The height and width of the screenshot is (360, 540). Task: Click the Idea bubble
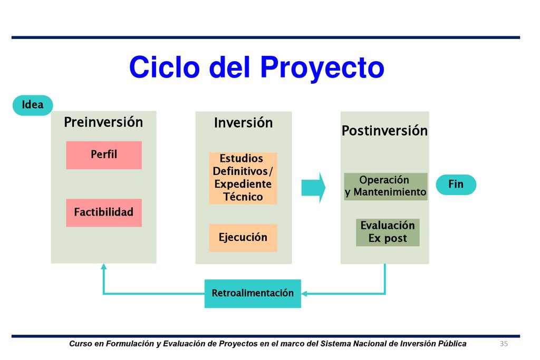(33, 105)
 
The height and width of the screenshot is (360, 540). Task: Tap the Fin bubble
(456, 185)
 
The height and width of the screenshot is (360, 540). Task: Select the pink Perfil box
(104, 155)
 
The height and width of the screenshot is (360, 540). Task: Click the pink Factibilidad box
(104, 212)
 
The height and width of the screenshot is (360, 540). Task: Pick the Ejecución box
(243, 238)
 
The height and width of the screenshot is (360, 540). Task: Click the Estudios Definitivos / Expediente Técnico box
(243, 178)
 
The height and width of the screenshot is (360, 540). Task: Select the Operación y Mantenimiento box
(385, 186)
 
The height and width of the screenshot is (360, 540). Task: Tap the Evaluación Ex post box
(388, 232)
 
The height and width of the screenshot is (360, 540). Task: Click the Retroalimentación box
(253, 294)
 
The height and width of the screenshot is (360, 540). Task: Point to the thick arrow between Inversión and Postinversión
(313, 188)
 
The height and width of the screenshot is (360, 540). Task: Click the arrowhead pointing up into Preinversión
(104, 266)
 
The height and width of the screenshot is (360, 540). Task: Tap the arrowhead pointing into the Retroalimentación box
(304, 294)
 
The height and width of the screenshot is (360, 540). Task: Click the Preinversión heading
(103, 122)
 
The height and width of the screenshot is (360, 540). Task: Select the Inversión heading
(244, 123)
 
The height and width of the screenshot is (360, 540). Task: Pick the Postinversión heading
(384, 131)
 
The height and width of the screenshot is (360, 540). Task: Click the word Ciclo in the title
(165, 67)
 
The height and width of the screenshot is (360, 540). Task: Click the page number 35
(504, 344)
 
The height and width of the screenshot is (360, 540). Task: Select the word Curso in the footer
(81, 344)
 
